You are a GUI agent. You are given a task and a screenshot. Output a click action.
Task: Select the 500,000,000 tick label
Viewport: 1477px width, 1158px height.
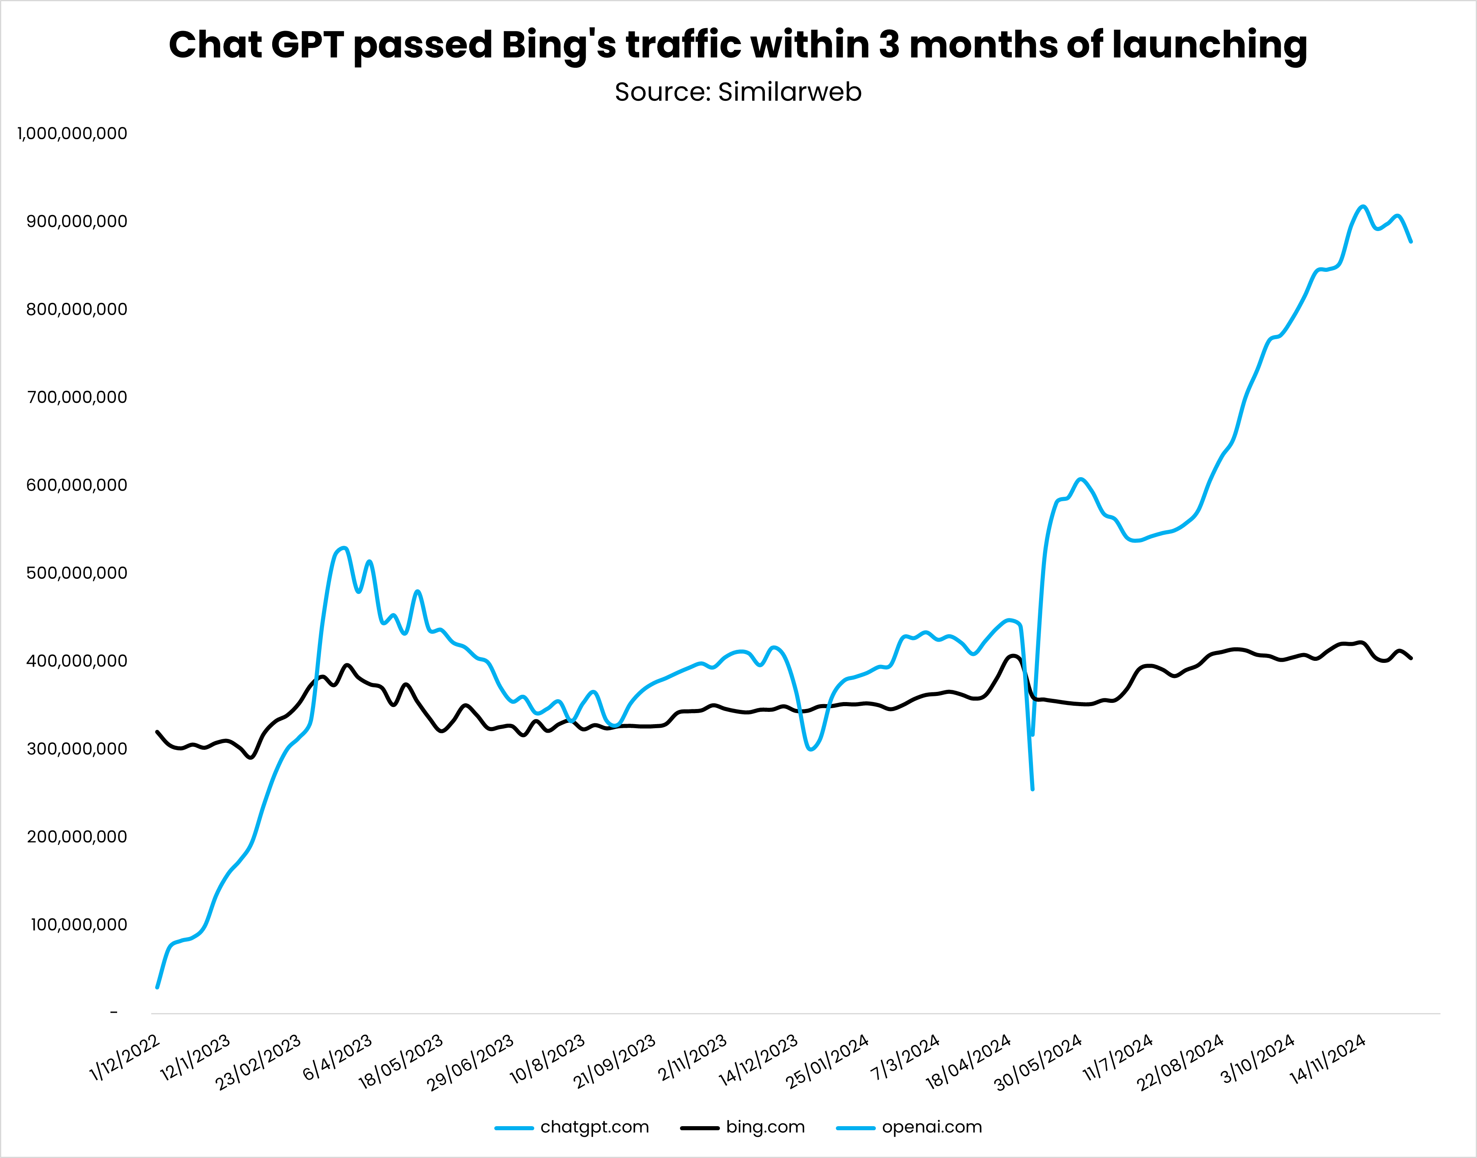click(77, 573)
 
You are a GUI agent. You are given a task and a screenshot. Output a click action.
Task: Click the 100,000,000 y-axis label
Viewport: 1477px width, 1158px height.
click(79, 925)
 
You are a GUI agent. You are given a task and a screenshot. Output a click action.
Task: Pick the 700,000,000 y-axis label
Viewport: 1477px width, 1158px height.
click(77, 397)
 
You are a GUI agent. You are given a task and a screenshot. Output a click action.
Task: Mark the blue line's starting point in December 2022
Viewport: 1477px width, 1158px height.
click(157, 987)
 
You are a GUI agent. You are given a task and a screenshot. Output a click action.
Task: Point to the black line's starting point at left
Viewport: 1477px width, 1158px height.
click(157, 731)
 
